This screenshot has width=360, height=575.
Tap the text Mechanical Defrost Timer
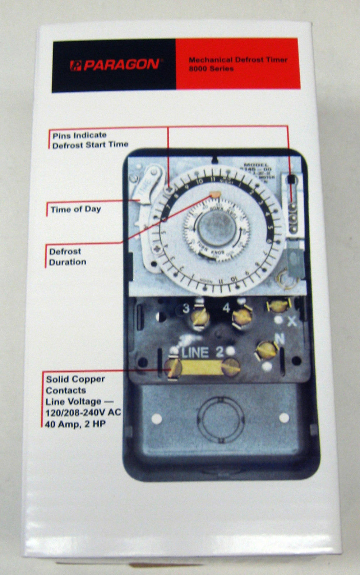pyautogui.click(x=238, y=60)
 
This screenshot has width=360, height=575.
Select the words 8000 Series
pyautogui.click(x=211, y=68)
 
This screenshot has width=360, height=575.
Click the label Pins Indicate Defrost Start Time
pyautogui.click(x=90, y=140)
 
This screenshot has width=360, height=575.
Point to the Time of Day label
pyautogui.click(x=75, y=209)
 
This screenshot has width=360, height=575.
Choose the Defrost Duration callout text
pyautogui.click(x=68, y=257)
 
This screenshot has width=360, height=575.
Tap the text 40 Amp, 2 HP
pyautogui.click(x=75, y=424)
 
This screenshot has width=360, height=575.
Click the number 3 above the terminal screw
pyautogui.click(x=186, y=308)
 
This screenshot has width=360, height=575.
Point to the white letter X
pyautogui.click(x=292, y=321)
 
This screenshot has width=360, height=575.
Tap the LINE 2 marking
pyautogui.click(x=203, y=353)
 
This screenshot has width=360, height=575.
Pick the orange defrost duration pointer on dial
pyautogui.click(x=215, y=194)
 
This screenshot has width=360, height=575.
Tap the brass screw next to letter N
pyautogui.click(x=266, y=349)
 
